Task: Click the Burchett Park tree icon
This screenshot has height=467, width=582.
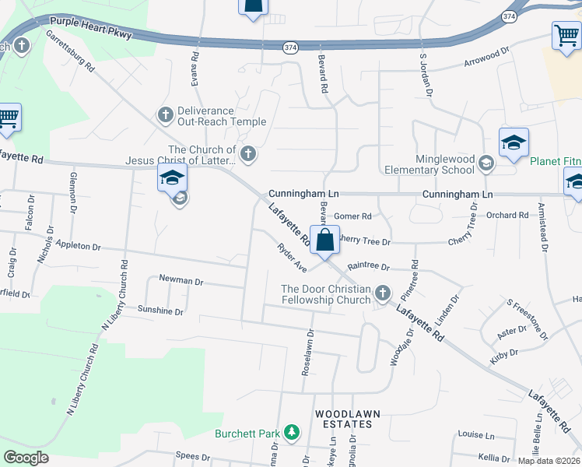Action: pyautogui.click(x=292, y=432)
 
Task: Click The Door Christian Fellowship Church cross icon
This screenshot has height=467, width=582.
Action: pyautogui.click(x=382, y=293)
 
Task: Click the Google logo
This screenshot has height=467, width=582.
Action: pyautogui.click(x=26, y=458)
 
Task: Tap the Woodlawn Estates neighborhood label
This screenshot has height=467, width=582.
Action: pyautogui.click(x=343, y=418)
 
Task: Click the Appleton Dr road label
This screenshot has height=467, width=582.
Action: pyautogui.click(x=76, y=247)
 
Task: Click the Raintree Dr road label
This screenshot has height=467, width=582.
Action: pyautogui.click(x=368, y=266)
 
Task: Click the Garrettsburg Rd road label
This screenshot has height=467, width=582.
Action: pyautogui.click(x=70, y=52)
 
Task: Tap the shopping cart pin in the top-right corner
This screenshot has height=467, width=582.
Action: pyautogui.click(x=566, y=35)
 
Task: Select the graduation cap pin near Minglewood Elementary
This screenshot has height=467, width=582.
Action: pyautogui.click(x=514, y=142)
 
